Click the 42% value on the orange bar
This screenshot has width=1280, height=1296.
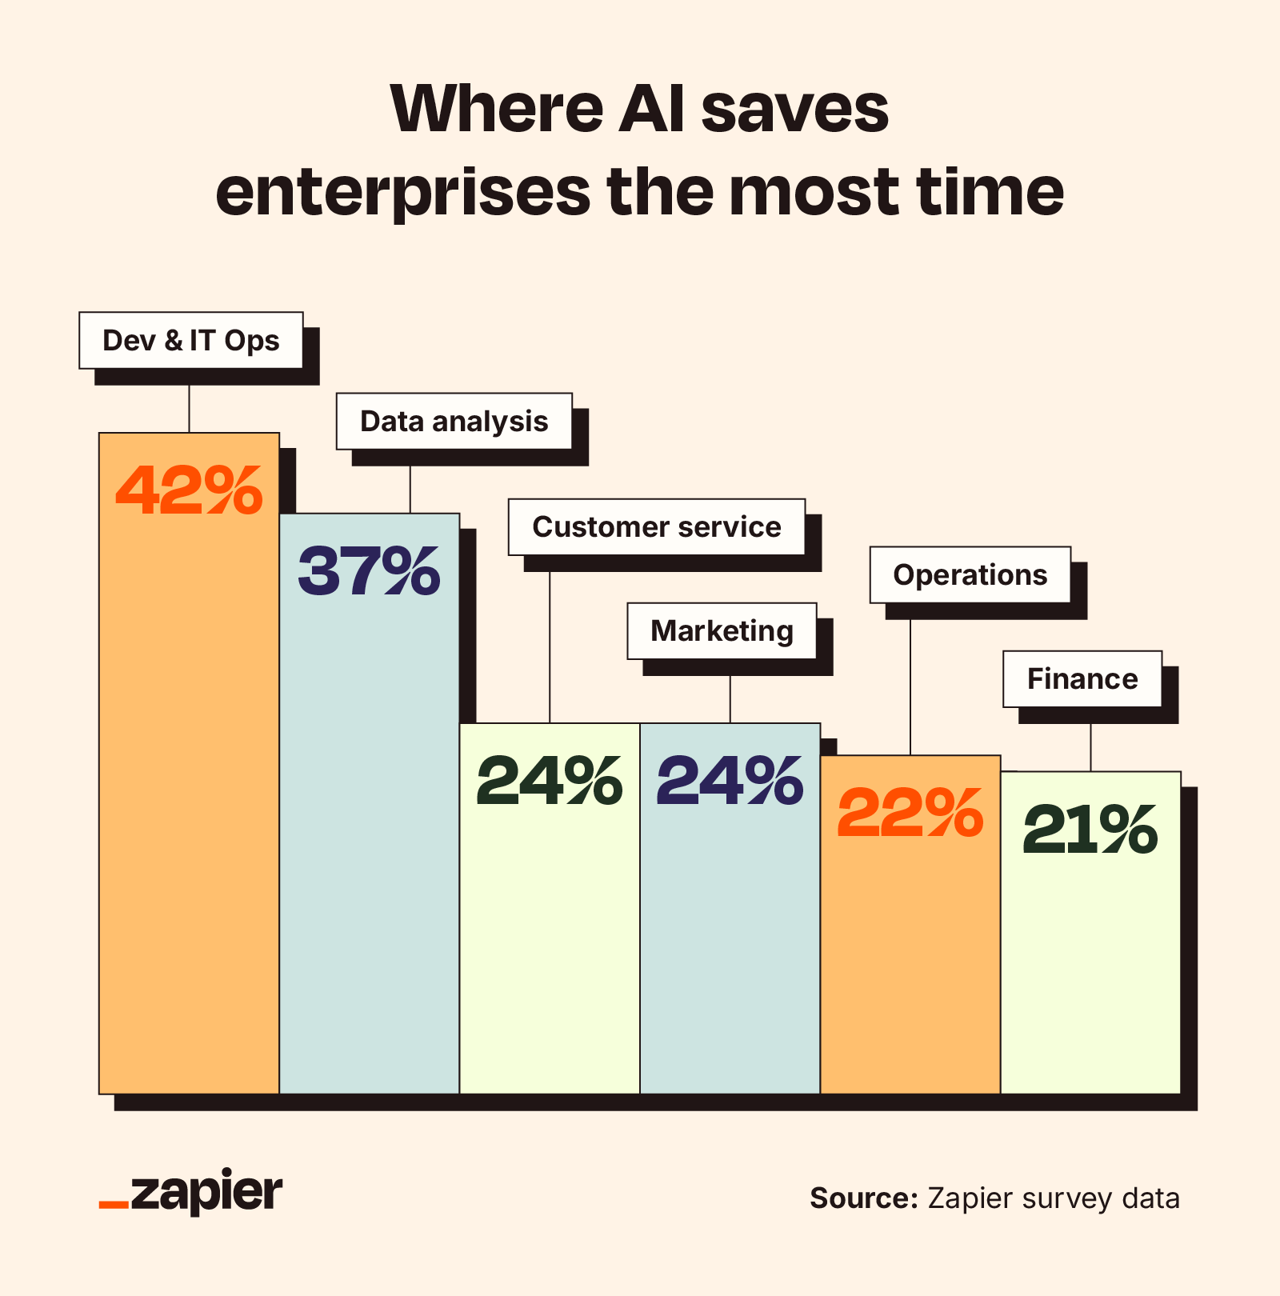pos(189,490)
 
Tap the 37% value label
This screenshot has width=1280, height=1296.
pos(369,570)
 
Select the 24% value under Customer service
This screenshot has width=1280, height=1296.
pos(549,780)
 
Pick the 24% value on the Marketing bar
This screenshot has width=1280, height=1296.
pos(730,780)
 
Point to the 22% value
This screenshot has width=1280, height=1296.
pos(910,813)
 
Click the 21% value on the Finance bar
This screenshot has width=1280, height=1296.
pos(1090,830)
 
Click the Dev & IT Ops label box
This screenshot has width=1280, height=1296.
pos(191,341)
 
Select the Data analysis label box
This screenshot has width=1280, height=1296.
pos(454,422)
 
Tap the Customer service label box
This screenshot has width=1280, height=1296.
pos(656,527)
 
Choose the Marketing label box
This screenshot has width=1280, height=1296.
pos(722,631)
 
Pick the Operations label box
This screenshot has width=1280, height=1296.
pos(970,575)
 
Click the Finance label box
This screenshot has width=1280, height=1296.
pos(1082,679)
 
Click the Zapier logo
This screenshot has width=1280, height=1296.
pos(191,1193)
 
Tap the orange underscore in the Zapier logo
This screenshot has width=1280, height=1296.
pos(114,1204)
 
